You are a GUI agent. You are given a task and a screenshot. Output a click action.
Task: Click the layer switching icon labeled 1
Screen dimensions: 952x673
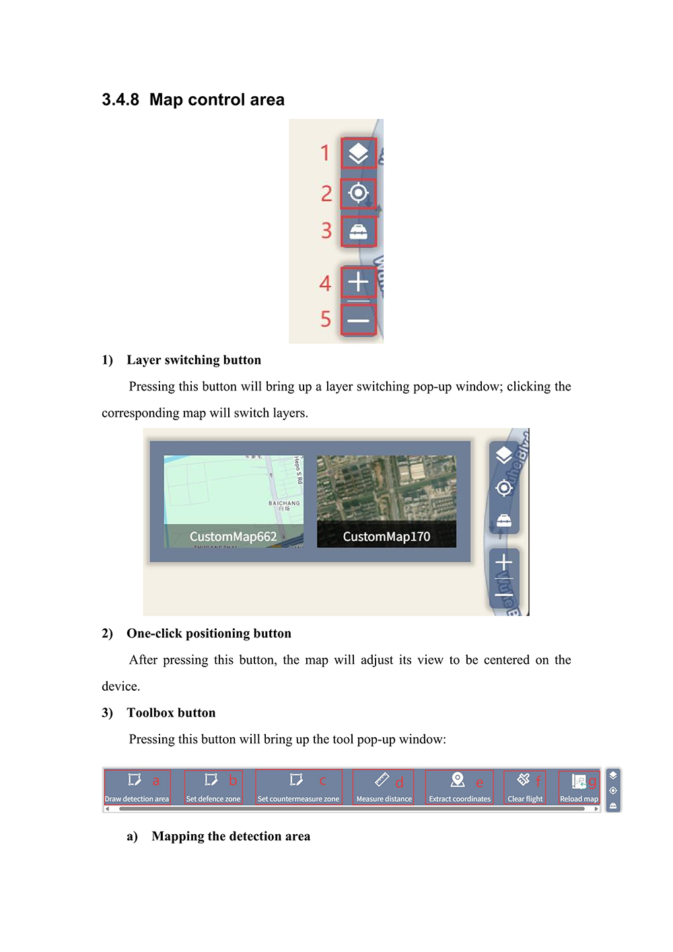tap(358, 154)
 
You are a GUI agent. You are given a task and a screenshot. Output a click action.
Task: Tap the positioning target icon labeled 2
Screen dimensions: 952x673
tap(358, 193)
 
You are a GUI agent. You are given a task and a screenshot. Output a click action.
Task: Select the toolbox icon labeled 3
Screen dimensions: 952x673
tap(358, 232)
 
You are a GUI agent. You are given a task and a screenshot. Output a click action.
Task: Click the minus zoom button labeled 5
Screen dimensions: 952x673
tap(358, 320)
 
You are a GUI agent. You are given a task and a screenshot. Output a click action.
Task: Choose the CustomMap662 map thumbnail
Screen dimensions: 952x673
tap(234, 501)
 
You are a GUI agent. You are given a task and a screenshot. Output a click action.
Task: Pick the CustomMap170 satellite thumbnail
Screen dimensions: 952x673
tap(386, 501)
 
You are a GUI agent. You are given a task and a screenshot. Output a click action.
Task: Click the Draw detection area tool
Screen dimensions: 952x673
tap(137, 787)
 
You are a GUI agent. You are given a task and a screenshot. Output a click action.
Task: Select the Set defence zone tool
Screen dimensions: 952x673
tap(213, 787)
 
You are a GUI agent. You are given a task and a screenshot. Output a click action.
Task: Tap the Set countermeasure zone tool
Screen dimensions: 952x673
tap(298, 787)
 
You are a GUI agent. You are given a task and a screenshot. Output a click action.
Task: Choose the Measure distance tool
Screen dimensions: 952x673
tap(384, 787)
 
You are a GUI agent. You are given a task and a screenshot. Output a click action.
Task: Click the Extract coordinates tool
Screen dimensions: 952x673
tap(460, 787)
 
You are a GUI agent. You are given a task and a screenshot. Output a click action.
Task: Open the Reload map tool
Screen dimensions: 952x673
tap(579, 787)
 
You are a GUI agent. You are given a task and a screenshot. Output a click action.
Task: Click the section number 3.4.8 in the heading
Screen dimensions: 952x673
tap(120, 100)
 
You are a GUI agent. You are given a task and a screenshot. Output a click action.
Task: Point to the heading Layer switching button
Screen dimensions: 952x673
tap(194, 360)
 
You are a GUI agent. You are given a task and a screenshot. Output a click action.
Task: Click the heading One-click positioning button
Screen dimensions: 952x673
tap(209, 634)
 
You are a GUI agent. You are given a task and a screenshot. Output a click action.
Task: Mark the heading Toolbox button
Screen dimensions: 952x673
tap(171, 713)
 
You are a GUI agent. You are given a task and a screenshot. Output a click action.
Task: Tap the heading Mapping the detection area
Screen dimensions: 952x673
tap(231, 836)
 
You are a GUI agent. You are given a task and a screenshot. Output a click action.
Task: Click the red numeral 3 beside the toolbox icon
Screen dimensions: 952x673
tap(326, 231)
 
